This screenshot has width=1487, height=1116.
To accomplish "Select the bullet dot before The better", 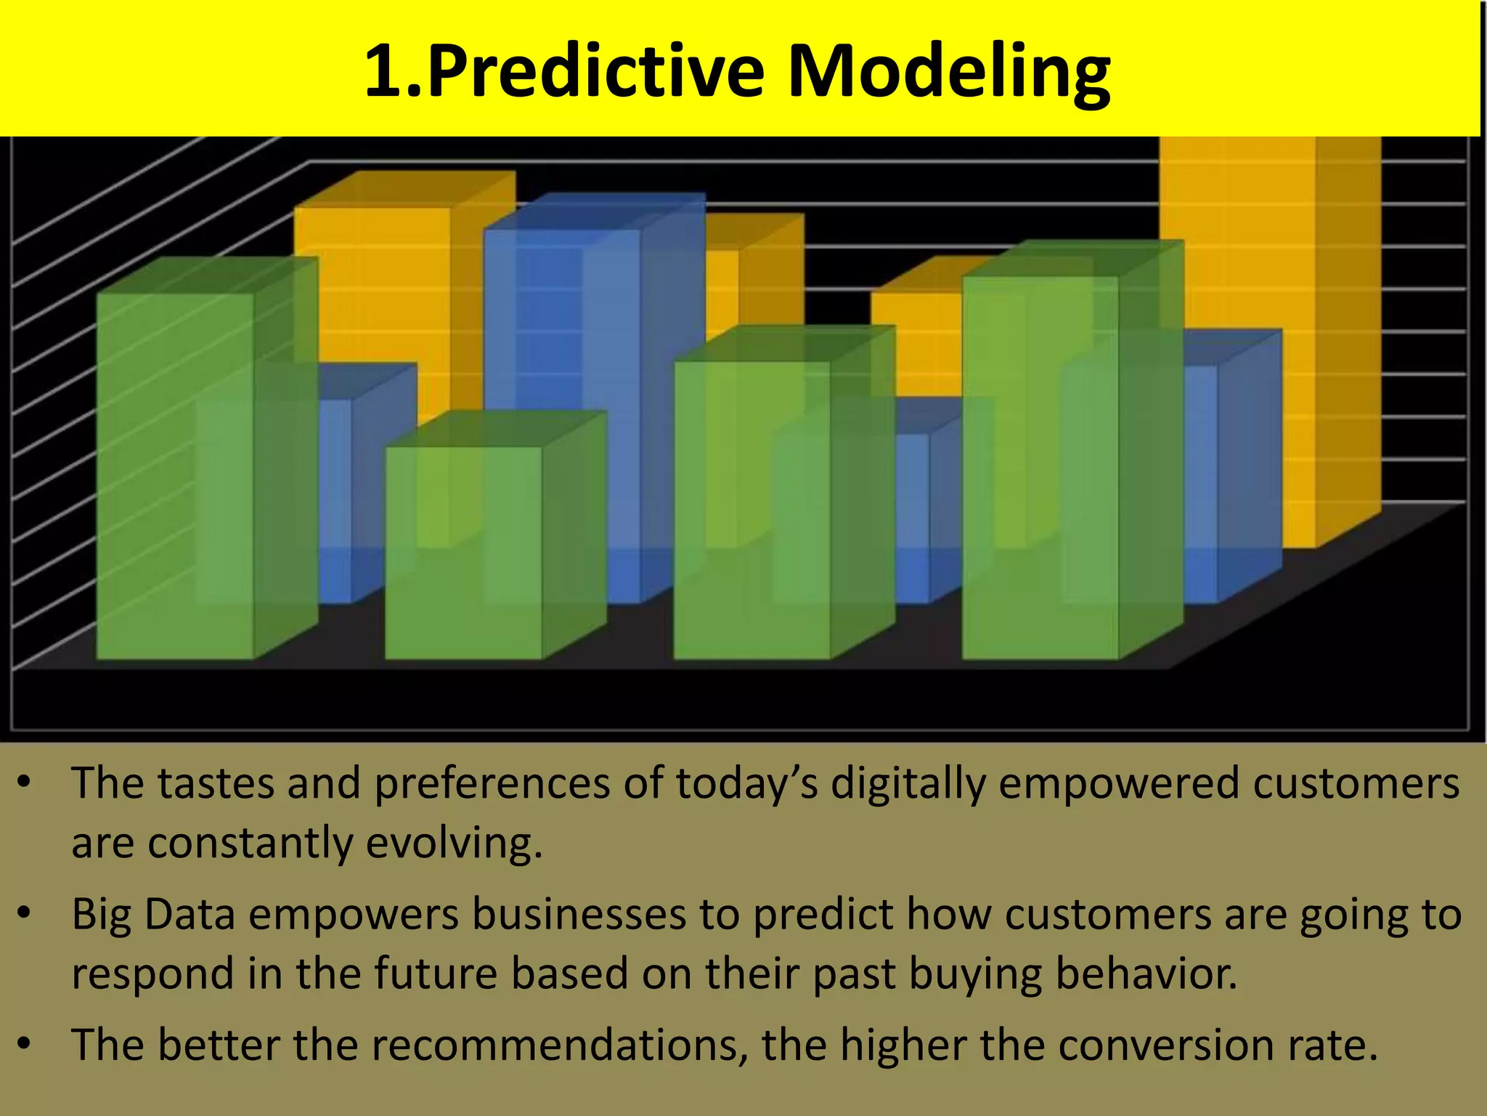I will point(25,1044).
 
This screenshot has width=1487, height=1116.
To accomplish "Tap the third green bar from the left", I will point(751,509).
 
